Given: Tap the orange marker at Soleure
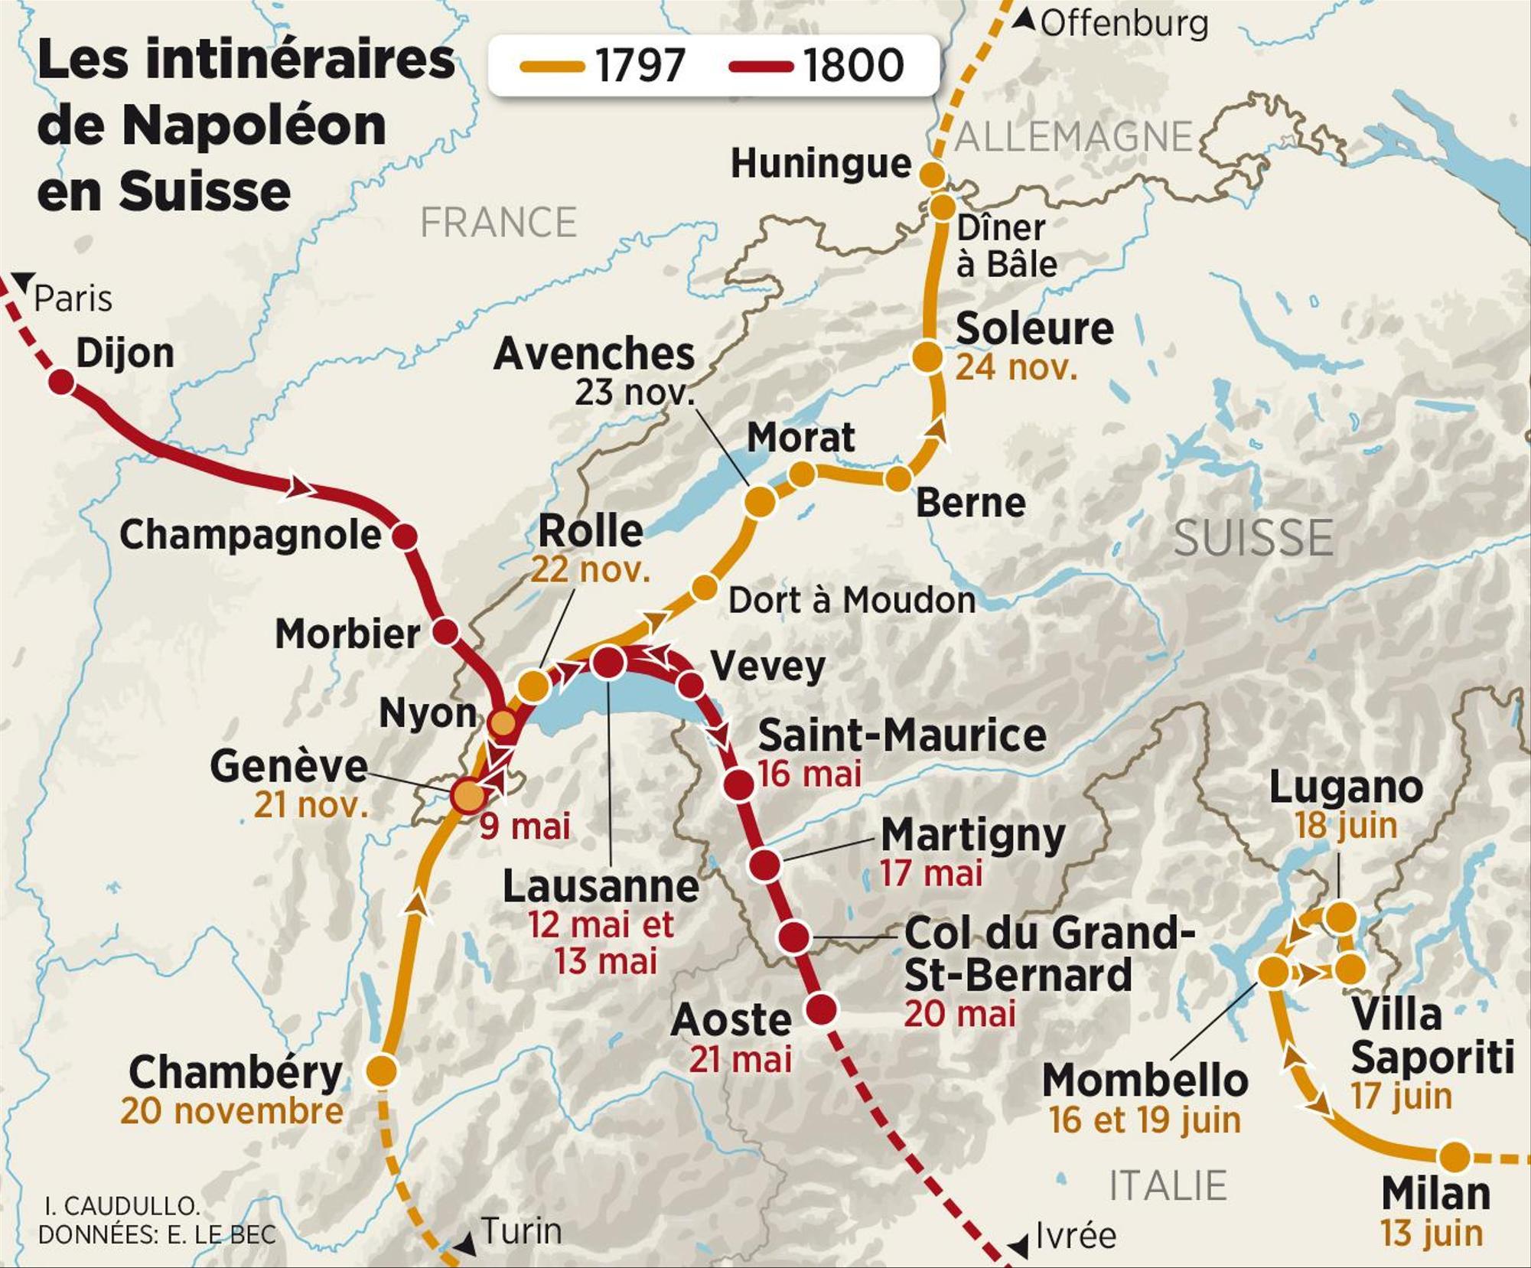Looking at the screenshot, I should (927, 357).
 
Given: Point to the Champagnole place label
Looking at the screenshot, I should (250, 535).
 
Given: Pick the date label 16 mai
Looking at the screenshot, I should (809, 774).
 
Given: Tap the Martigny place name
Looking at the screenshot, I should (972, 835).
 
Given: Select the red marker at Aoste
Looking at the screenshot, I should (821, 1009).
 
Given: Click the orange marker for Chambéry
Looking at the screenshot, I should (382, 1071).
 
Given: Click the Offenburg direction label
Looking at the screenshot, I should (1123, 24).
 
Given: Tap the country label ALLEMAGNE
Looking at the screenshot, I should (1073, 138).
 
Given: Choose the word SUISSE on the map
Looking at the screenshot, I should (1253, 538).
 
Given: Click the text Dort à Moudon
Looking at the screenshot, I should (852, 601).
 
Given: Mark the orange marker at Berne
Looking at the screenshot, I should (898, 479).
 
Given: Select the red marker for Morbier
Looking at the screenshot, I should (445, 632).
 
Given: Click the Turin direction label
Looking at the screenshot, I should (521, 1231).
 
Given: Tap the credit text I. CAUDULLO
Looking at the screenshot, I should (122, 1206).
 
